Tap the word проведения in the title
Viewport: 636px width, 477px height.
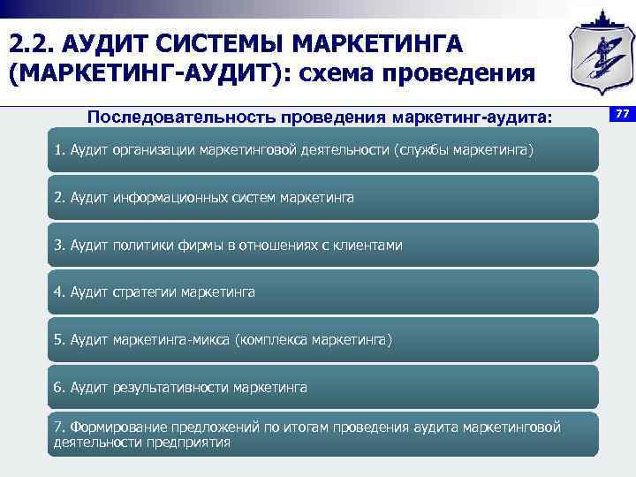[466, 73]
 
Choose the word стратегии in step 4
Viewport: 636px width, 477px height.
[144, 291]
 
